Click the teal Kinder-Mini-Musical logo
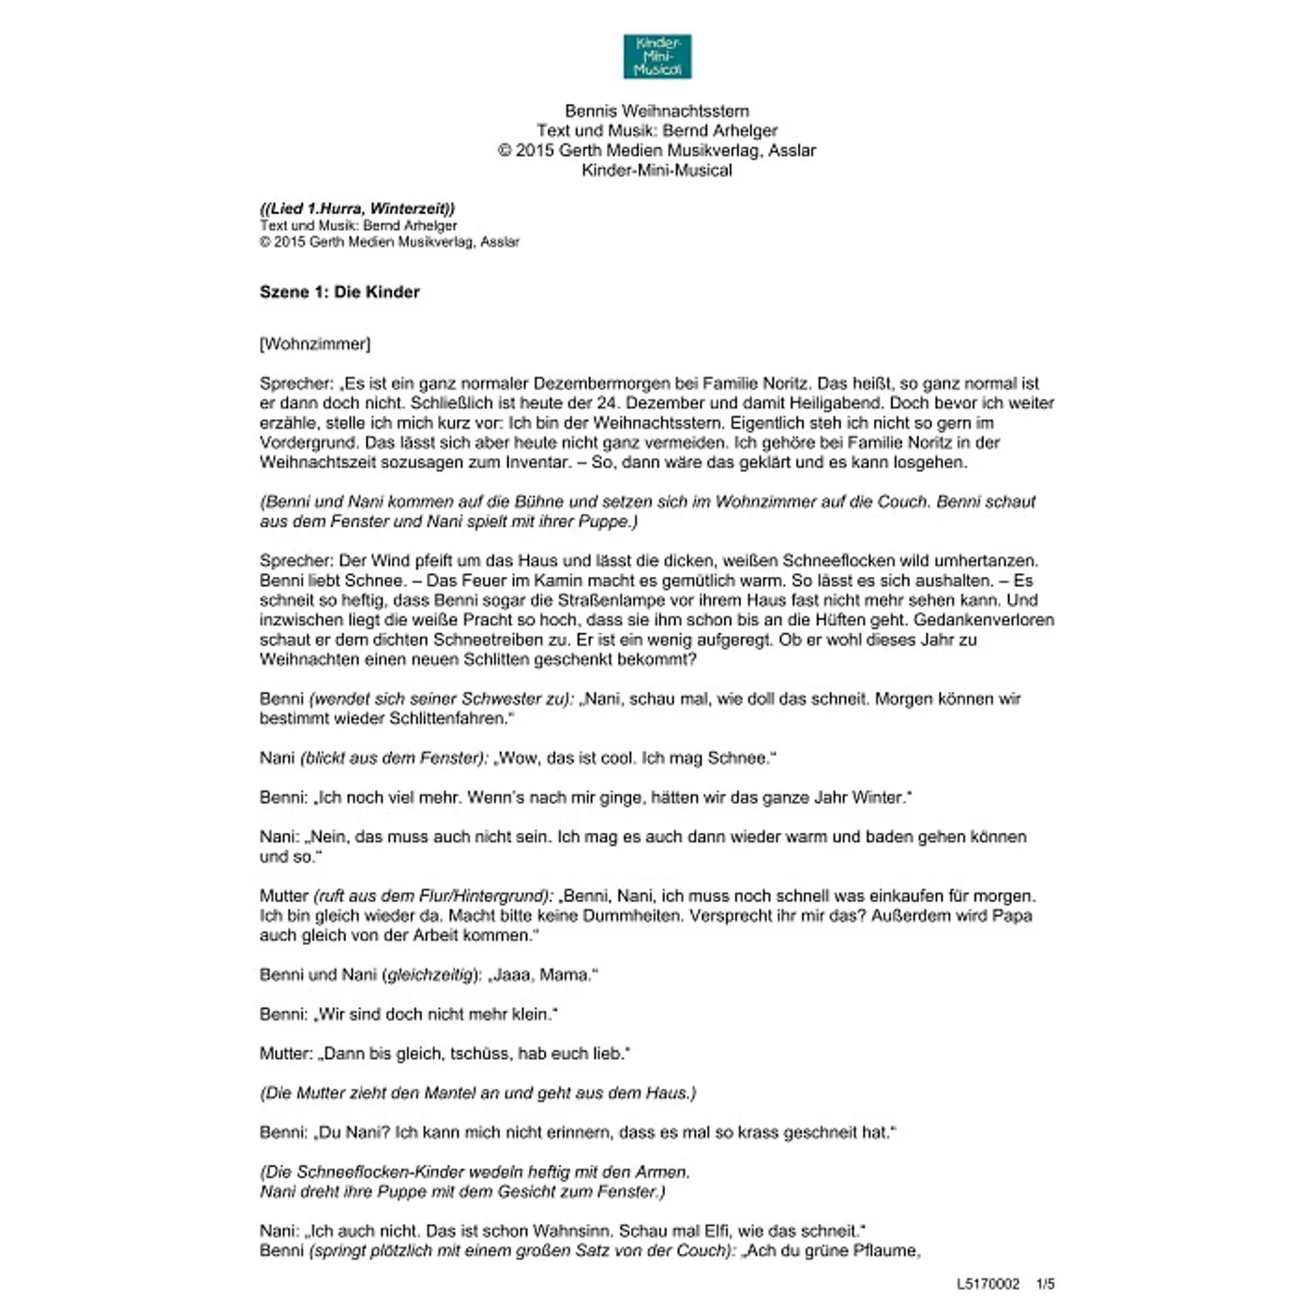(x=656, y=56)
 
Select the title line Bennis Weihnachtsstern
(x=656, y=111)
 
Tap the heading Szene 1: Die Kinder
(x=340, y=292)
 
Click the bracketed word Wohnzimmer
(x=315, y=344)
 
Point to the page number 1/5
(x=1045, y=1284)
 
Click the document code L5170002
(x=988, y=1284)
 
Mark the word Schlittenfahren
(x=445, y=718)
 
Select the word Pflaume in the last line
(x=886, y=1250)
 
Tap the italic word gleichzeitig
(x=430, y=974)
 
